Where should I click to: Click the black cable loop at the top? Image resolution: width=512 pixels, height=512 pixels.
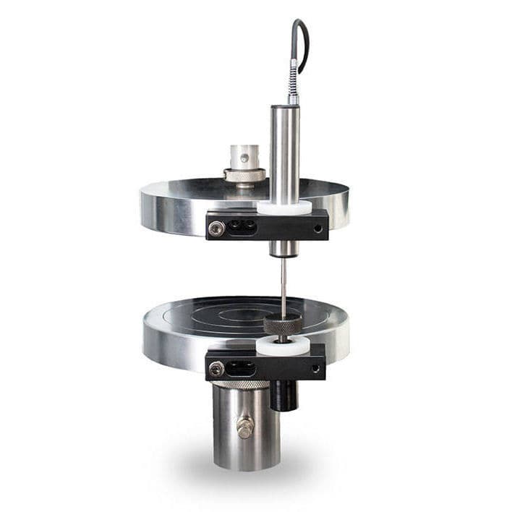pyautogui.click(x=303, y=43)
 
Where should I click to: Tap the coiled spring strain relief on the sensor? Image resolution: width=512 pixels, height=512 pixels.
pyautogui.click(x=293, y=83)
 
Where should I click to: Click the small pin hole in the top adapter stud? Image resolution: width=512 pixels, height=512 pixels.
pyautogui.click(x=244, y=157)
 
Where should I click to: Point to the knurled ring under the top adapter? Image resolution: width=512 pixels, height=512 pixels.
pyautogui.click(x=244, y=175)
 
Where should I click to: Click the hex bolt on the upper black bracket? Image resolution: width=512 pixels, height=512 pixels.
pyautogui.click(x=216, y=228)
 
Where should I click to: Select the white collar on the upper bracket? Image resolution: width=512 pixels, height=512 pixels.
pyautogui.click(x=284, y=208)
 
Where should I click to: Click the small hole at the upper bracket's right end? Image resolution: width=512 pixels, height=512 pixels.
pyautogui.click(x=317, y=228)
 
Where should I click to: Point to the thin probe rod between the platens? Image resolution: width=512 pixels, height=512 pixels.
pyautogui.click(x=283, y=286)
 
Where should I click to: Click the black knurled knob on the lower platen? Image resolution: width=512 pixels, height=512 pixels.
pyautogui.click(x=283, y=325)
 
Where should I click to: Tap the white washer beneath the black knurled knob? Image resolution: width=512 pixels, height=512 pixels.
pyautogui.click(x=283, y=346)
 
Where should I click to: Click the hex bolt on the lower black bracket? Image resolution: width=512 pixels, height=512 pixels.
pyautogui.click(x=216, y=369)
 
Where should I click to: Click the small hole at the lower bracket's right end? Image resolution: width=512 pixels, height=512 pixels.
pyautogui.click(x=315, y=368)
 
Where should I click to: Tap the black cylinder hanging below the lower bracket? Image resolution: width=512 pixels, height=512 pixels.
pyautogui.click(x=283, y=395)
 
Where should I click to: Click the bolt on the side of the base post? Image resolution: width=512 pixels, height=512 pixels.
pyautogui.click(x=245, y=427)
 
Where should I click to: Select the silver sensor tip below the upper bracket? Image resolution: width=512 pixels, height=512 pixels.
pyautogui.click(x=283, y=249)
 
